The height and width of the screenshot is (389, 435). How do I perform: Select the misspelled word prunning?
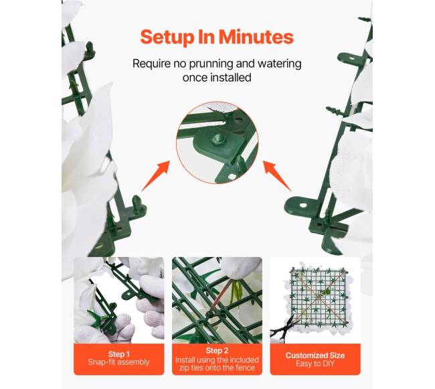[211, 64]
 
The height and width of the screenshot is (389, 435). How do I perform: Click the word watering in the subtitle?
[279, 64]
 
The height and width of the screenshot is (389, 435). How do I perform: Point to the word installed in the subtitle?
[231, 78]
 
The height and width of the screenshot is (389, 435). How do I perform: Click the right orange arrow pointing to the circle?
[278, 176]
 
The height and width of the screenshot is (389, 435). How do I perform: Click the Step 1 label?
[118, 354]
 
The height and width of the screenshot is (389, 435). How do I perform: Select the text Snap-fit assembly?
[118, 362]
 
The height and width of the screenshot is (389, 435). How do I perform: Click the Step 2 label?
[217, 350]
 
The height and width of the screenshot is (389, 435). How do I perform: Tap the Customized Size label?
[315, 356]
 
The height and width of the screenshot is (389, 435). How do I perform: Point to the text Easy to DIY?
[315, 364]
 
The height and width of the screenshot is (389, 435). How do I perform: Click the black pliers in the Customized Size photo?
[284, 327]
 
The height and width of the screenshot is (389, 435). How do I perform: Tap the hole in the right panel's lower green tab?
[304, 206]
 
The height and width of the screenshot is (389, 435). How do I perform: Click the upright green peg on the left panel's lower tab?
[137, 202]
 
